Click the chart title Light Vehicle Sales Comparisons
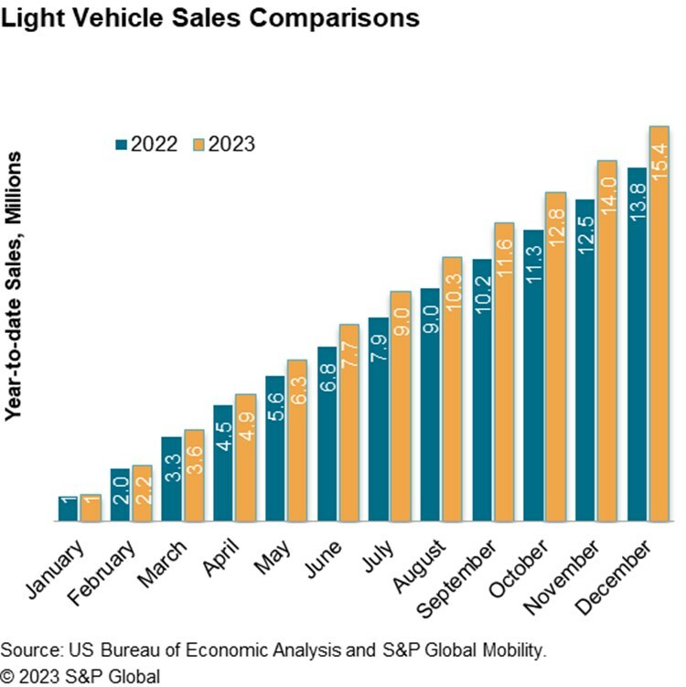tap(211, 17)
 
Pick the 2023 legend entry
tap(223, 144)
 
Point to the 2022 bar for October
tap(533, 376)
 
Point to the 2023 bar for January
tap(91, 509)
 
